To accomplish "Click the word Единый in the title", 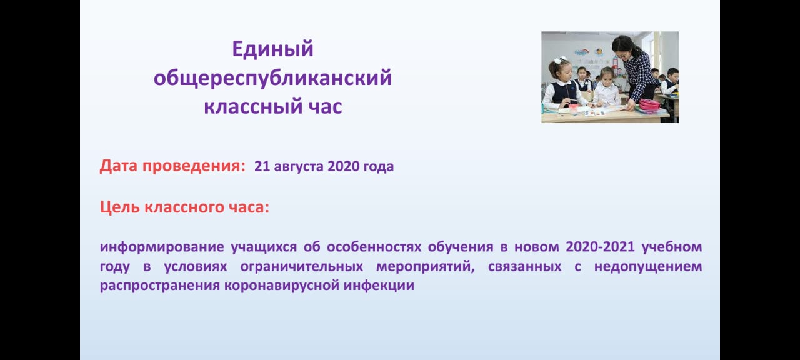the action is click(273, 49).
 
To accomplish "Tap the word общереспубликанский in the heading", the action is click(273, 78).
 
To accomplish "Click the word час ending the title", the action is click(321, 106).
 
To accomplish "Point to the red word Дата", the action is click(119, 166).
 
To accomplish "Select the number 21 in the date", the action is click(262, 166).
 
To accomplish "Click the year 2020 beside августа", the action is click(343, 166).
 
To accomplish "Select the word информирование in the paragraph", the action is click(162, 247).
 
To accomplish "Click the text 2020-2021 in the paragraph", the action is click(601, 246).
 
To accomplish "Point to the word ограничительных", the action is click(302, 267).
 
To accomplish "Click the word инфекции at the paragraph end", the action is click(379, 286).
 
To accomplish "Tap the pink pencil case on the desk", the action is click(649, 104).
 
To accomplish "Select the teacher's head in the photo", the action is click(623, 46).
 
